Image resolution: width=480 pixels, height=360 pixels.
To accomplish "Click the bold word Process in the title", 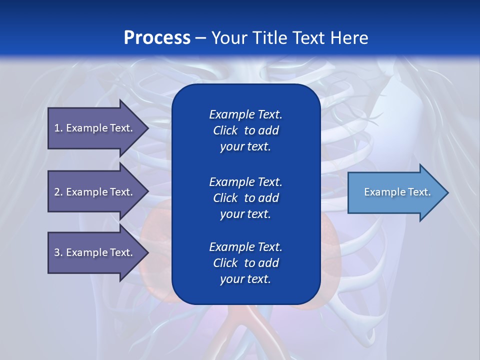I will click(157, 38).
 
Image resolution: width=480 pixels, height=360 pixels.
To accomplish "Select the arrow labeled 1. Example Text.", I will click(95, 128).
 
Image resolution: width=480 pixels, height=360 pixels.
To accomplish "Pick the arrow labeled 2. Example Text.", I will click(95, 192).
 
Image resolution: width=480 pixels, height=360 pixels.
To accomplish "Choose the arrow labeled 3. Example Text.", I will click(95, 252).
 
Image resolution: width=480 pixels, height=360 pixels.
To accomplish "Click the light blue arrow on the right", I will click(395, 192).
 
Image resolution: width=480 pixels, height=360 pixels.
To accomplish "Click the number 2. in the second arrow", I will click(58, 192).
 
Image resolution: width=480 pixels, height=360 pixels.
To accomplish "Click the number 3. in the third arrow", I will click(58, 252).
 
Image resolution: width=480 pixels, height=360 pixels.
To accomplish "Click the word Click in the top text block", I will click(225, 131).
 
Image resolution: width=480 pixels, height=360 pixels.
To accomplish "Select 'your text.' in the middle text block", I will click(245, 214).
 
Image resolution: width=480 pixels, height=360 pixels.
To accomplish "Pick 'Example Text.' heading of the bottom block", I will click(245, 247).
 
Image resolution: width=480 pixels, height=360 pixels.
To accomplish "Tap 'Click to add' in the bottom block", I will click(245, 263).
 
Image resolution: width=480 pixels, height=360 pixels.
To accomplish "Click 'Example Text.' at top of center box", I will click(245, 114).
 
